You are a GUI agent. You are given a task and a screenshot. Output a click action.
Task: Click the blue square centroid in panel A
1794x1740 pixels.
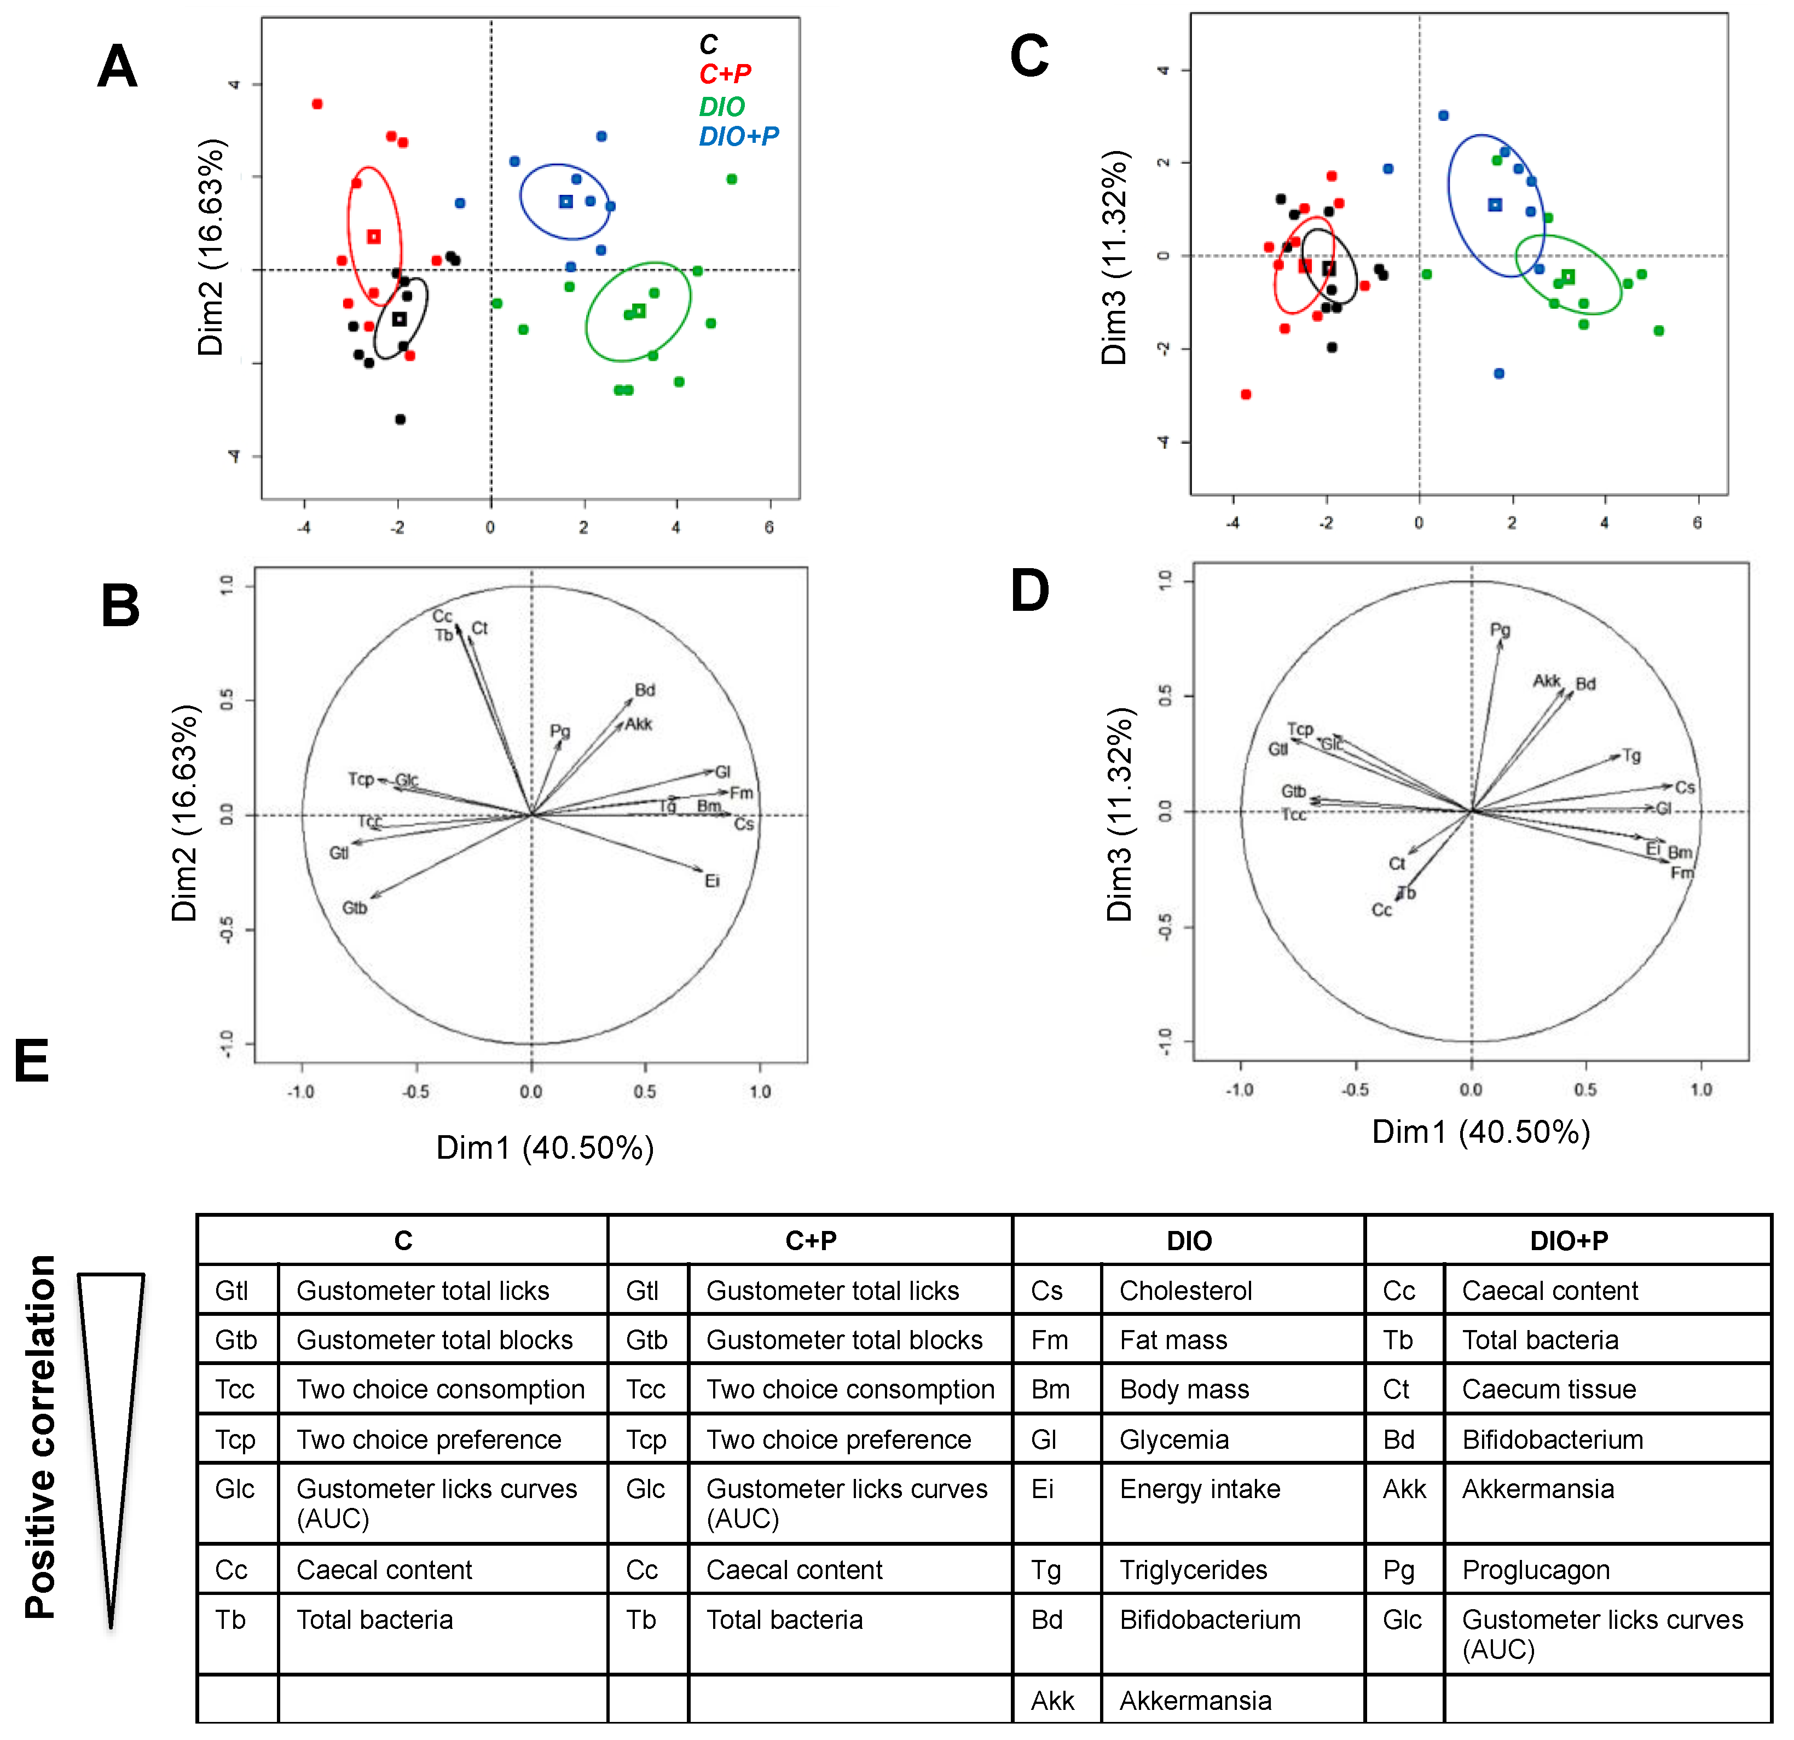pyautogui.click(x=566, y=201)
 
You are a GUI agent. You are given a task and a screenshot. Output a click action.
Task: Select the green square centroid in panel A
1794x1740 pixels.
pyautogui.click(x=639, y=311)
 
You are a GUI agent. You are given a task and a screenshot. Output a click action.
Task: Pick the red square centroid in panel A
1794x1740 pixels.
pyautogui.click(x=373, y=237)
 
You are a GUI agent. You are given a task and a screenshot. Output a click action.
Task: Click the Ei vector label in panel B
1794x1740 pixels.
pyautogui.click(x=712, y=881)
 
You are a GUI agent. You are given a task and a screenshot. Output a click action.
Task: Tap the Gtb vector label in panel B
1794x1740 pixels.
pyautogui.click(x=354, y=908)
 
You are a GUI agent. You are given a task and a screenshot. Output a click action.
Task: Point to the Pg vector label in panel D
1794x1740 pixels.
pyautogui.click(x=1500, y=630)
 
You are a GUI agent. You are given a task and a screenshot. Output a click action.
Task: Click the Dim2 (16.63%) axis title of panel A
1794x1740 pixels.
pyautogui.click(x=211, y=247)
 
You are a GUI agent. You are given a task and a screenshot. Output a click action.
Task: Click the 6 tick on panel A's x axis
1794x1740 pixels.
pyautogui.click(x=769, y=527)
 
